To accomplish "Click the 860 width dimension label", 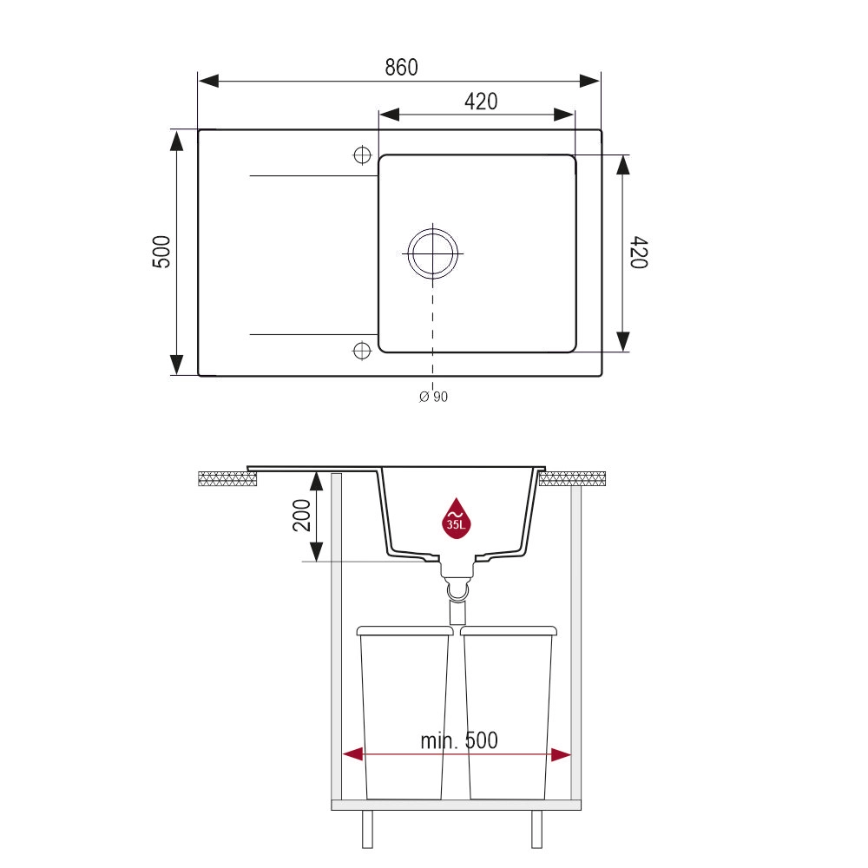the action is pyautogui.click(x=401, y=67).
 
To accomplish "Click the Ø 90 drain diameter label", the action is pyautogui.click(x=433, y=397).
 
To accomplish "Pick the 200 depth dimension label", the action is pyautogui.click(x=302, y=516).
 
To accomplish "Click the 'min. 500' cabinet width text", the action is pyautogui.click(x=459, y=740).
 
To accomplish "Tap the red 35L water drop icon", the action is pyautogui.click(x=457, y=518).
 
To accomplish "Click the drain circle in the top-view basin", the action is pyautogui.click(x=433, y=253).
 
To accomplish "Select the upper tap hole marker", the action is pyautogui.click(x=362, y=155).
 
